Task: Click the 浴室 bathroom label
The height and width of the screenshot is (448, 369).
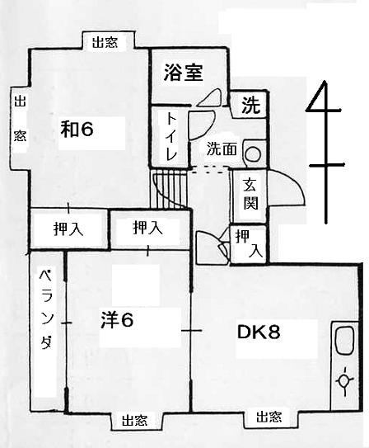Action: [x=184, y=73]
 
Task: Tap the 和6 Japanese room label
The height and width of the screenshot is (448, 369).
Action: [x=77, y=130]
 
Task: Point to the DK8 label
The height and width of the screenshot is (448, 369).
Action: [x=259, y=332]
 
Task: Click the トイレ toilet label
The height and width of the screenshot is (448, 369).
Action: [x=171, y=137]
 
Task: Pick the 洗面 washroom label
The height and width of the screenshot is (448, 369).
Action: [x=222, y=149]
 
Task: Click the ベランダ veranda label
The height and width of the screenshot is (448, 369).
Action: [x=46, y=310]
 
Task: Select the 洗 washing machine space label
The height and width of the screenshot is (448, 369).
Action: [x=251, y=105]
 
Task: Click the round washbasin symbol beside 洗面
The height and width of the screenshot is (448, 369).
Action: [x=253, y=154]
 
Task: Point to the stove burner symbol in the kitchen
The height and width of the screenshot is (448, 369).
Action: [x=345, y=381]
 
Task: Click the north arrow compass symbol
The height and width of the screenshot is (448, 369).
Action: [x=325, y=152]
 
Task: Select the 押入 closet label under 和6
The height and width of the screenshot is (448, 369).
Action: [x=68, y=229]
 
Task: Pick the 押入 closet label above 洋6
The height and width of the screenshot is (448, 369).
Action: [x=148, y=228]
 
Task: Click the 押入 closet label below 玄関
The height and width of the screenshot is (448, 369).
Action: [x=249, y=243]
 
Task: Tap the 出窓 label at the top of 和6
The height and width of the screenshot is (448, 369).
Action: [x=105, y=43]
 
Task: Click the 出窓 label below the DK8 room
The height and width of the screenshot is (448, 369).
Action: [x=269, y=417]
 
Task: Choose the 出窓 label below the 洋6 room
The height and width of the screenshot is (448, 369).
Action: [x=134, y=420]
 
